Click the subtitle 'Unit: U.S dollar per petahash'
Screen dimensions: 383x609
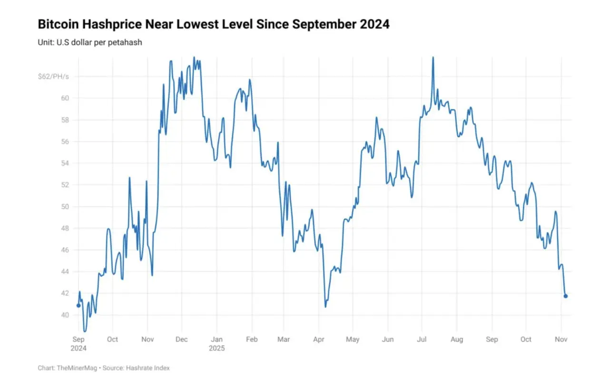90,42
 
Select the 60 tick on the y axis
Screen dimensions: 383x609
64,98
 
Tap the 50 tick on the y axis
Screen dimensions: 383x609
64,207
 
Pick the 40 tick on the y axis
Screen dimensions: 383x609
64,315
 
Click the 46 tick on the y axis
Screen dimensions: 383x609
64,250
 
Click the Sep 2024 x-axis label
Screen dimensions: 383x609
79,344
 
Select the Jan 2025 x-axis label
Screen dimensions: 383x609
216,344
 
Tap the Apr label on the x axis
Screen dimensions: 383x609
319,340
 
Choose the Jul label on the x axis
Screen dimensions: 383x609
422,340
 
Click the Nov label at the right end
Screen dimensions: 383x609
561,340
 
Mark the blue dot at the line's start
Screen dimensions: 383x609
79,306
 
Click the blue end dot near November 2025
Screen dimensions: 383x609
566,296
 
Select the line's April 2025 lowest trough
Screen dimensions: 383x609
325,306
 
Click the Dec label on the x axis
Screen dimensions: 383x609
182,340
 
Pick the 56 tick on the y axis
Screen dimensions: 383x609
64,142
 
